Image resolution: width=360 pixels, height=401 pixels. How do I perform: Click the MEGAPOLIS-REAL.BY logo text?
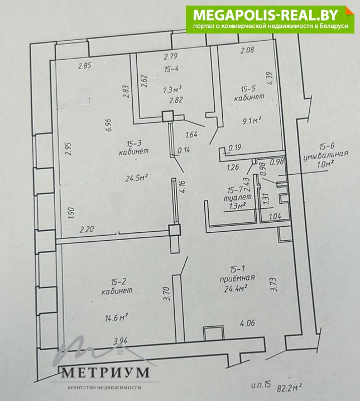coord(266,15)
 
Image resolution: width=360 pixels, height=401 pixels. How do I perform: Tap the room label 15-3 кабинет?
coord(133,147)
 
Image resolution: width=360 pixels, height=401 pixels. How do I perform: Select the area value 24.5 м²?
coord(137,178)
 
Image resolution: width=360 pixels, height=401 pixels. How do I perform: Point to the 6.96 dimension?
coord(109,125)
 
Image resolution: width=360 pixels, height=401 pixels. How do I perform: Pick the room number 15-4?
coord(172,69)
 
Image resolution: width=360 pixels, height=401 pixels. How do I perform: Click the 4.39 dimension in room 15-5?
coord(271,78)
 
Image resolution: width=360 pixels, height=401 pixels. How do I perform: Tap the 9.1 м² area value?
coord(252,121)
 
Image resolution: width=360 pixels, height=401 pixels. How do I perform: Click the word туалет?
coord(238,198)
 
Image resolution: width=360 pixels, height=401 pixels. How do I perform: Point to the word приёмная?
coord(237,278)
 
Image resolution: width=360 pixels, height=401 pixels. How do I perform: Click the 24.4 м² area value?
coord(236,289)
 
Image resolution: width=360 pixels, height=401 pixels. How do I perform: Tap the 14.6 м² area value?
coord(116,318)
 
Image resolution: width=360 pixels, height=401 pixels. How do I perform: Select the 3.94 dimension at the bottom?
coord(121,341)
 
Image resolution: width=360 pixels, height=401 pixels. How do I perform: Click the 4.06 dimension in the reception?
coord(248,323)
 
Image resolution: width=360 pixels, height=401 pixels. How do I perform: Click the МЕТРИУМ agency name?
coord(105,373)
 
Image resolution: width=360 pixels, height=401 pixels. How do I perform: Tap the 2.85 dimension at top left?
coord(85,66)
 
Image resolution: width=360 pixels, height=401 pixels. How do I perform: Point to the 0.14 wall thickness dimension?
coord(184,150)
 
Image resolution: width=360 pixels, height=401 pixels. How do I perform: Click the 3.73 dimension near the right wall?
coord(273,285)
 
